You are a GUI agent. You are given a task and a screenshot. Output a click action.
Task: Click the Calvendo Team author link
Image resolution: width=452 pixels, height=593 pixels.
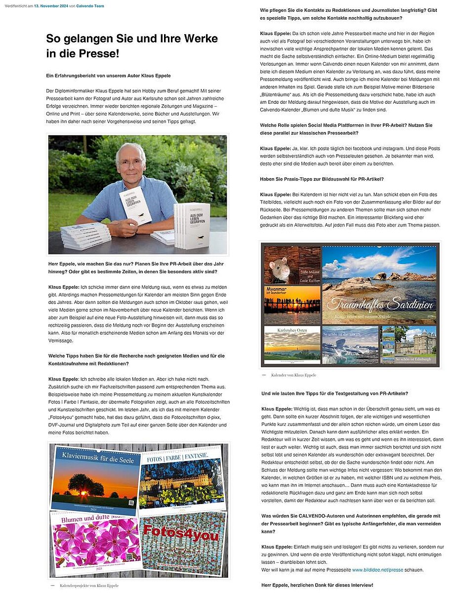pos(89,5)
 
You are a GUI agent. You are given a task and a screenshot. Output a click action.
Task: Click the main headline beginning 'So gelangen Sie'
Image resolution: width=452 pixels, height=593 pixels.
pos(132,45)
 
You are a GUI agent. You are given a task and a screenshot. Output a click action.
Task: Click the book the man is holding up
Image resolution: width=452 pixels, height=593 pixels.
pos(136,205)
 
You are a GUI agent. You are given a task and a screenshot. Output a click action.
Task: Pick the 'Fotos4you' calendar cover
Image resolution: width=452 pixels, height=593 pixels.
pos(183,543)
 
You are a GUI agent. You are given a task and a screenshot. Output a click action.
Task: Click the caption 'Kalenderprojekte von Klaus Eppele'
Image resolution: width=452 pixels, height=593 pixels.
pos(89,586)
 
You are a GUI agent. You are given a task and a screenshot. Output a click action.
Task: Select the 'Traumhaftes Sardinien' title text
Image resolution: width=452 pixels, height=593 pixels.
pos(380,303)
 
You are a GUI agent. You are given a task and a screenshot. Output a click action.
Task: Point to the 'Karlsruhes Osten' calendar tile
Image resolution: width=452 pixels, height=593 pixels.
pos(292,344)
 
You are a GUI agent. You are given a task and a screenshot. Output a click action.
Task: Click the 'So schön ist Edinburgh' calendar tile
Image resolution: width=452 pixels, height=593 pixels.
pos(409,344)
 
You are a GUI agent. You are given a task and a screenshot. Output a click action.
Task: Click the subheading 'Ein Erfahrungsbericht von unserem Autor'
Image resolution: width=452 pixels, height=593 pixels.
pos(109,76)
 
